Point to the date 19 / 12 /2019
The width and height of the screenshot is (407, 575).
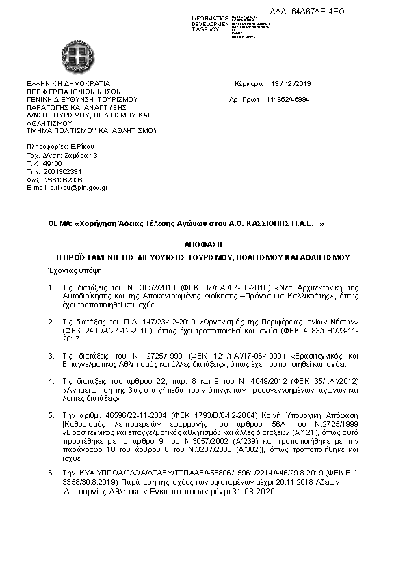tap(291, 83)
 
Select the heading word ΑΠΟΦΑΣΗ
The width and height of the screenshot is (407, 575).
tap(203, 244)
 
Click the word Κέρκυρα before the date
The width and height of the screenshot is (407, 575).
tap(248, 83)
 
